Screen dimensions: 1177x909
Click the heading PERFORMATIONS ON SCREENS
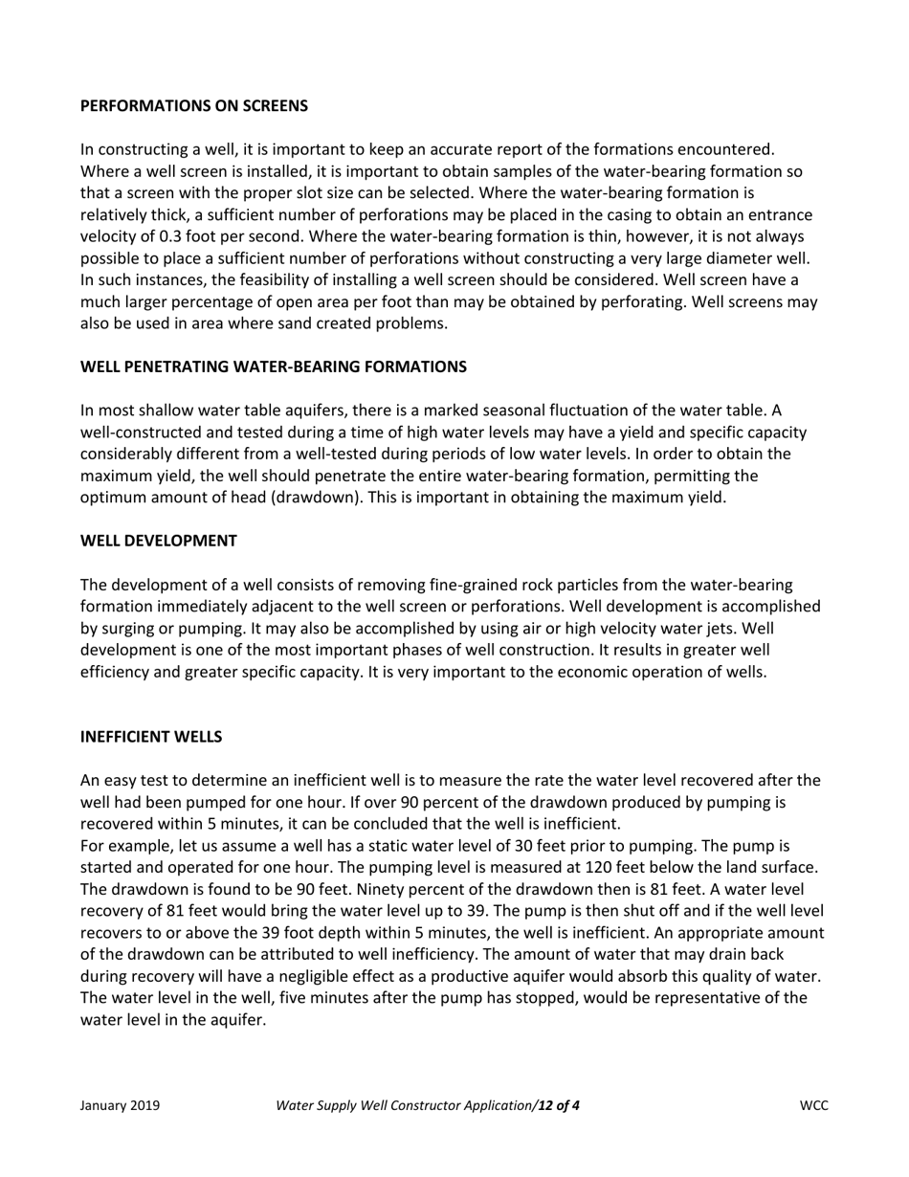point(194,106)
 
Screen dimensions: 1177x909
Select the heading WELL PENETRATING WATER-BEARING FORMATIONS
point(274,366)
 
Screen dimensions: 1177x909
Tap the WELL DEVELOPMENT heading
point(159,541)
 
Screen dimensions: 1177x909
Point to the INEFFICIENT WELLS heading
point(151,737)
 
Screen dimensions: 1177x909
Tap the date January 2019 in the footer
point(120,1106)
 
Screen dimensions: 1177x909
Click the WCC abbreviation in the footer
point(813,1106)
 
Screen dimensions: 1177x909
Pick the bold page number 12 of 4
point(559,1106)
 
